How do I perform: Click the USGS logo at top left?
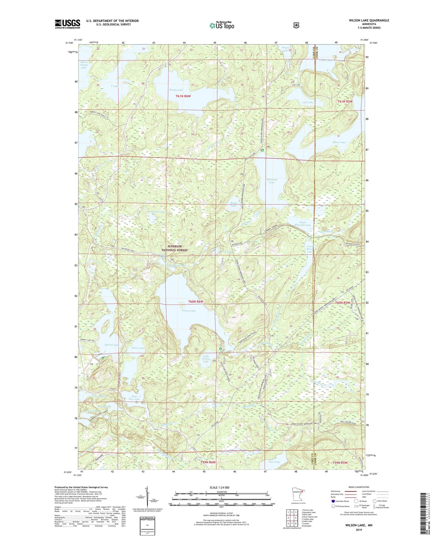(x=67, y=24)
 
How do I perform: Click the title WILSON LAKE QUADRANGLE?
(x=367, y=20)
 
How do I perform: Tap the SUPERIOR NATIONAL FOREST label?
(x=175, y=248)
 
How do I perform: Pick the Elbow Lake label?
(x=339, y=142)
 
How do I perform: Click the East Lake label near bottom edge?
(x=274, y=462)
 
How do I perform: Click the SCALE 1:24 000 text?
(x=219, y=487)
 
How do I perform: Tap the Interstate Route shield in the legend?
(x=333, y=501)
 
